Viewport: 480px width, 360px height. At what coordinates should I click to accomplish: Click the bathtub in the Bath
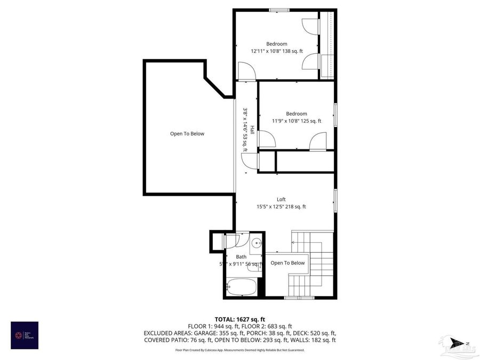click(x=241, y=287)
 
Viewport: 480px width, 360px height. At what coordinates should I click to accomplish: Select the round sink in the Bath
click(x=257, y=244)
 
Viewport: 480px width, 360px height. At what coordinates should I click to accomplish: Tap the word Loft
click(x=281, y=199)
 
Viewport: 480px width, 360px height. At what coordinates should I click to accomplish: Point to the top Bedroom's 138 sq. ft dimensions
click(x=277, y=51)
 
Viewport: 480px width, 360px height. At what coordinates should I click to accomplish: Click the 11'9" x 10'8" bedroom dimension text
click(x=296, y=121)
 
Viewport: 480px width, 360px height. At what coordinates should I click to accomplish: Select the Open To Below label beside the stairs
click(x=287, y=263)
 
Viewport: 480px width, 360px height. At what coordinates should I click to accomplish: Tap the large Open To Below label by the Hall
click(x=187, y=134)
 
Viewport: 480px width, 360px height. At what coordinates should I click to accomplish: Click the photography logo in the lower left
click(x=25, y=335)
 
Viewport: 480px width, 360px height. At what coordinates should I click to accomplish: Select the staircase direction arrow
click(x=294, y=242)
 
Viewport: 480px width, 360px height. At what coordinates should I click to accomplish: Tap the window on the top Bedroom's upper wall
click(x=278, y=10)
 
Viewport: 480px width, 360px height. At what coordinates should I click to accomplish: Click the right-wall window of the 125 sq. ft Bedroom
click(x=335, y=115)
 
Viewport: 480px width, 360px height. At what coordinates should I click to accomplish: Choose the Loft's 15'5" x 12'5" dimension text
click(x=281, y=206)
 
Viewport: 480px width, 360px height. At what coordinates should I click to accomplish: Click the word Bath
click(x=241, y=257)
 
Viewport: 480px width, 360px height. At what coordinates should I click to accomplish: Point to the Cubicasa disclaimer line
click(x=239, y=350)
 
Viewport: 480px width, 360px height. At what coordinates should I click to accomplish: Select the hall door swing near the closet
click(x=248, y=161)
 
